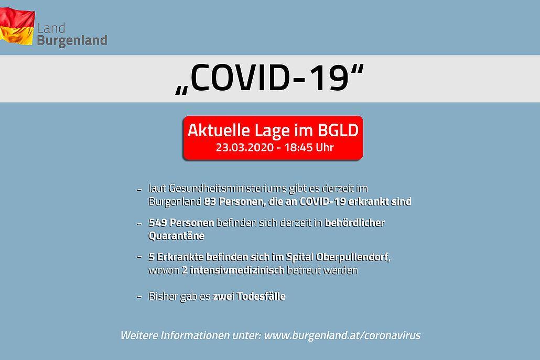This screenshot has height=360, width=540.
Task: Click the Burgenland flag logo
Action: (x=17, y=26)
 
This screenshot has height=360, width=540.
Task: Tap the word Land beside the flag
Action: (x=51, y=28)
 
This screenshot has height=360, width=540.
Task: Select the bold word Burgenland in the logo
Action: (x=72, y=41)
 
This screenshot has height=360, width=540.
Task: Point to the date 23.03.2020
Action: (x=244, y=148)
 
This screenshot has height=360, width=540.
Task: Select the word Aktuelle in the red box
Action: (x=219, y=130)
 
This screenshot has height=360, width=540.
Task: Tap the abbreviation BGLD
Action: (x=338, y=130)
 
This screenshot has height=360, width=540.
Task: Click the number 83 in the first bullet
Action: (x=210, y=201)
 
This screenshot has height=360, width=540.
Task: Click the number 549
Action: (x=157, y=223)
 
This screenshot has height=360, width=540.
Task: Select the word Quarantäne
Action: (x=176, y=236)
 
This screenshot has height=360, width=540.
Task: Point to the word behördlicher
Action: (x=354, y=223)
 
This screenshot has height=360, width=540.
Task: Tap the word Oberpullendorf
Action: (x=353, y=257)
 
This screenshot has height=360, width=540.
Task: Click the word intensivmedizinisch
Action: (x=237, y=270)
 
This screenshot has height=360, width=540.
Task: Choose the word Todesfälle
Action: (x=261, y=296)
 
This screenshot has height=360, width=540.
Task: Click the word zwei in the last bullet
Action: (x=223, y=296)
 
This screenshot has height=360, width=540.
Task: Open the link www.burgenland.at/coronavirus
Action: (x=342, y=335)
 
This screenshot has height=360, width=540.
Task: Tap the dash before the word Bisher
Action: (x=139, y=296)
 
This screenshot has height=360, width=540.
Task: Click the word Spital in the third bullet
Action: (x=299, y=257)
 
